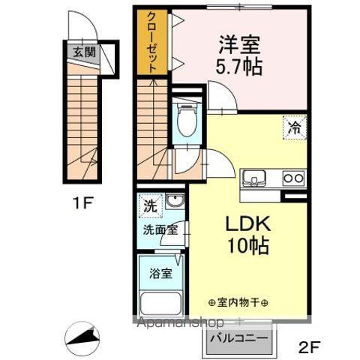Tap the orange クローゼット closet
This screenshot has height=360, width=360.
coord(152,42)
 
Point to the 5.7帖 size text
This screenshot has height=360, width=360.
coord(240,66)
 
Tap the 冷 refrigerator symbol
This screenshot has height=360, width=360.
coord(294,127)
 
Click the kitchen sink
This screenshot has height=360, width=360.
coord(254,178)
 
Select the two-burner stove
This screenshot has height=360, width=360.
coord(293,178)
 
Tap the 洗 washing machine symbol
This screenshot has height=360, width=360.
coord(151,204)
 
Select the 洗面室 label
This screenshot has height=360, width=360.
coord(161,231)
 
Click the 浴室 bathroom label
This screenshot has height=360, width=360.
coord(161,273)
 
